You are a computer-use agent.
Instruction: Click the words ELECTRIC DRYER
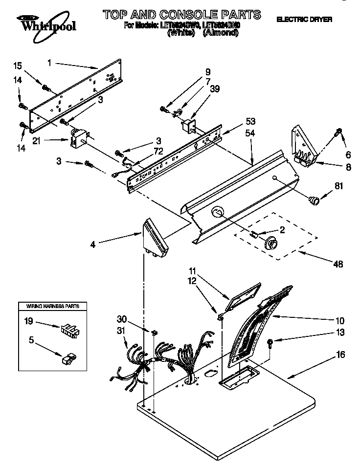point(304,20)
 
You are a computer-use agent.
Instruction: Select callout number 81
point(338,185)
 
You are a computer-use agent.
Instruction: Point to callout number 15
point(17,66)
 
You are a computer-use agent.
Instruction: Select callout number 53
point(250,121)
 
